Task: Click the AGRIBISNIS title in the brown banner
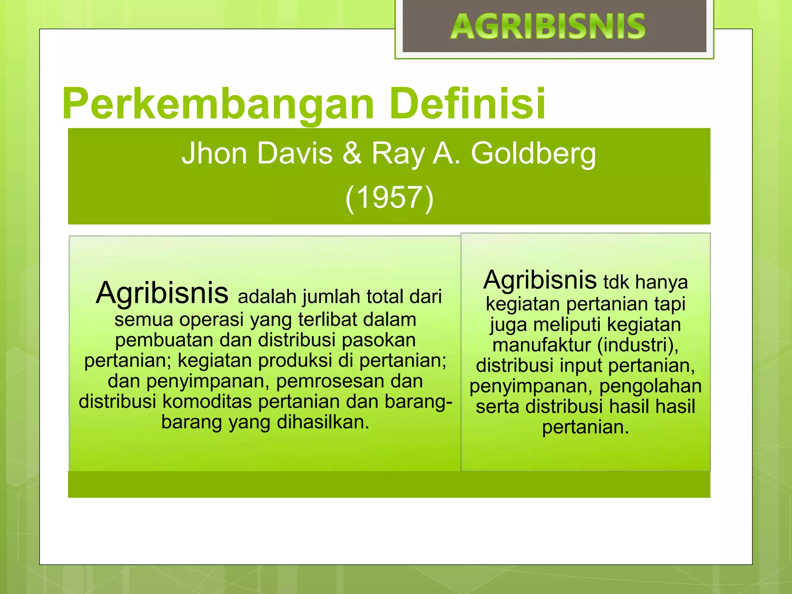548,27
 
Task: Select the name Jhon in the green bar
214,154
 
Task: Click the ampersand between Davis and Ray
352,154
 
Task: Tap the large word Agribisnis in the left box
162,293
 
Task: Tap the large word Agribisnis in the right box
540,280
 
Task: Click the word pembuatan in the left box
164,340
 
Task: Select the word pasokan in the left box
379,340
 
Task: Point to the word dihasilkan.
323,422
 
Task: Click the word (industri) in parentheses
638,345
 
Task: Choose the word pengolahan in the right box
650,386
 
